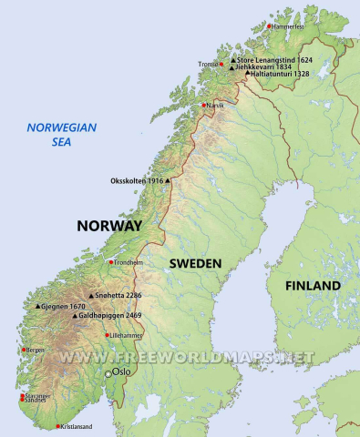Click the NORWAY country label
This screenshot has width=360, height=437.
pos(109,226)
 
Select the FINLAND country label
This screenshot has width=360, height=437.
pos(313,286)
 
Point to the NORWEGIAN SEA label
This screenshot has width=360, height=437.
pos(61,135)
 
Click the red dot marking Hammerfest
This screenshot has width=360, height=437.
pos(271,26)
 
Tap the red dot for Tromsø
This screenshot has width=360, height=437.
pos(221,64)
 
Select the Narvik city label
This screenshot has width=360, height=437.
pos(216,106)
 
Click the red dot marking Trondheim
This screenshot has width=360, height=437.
pos(111,262)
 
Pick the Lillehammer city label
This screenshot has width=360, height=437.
pos(129,335)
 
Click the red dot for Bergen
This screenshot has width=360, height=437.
pos(23,349)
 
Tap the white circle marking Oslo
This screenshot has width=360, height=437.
pos(108,373)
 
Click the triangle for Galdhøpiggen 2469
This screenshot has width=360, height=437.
pos(75,316)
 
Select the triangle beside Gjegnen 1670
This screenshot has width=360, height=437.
pos(37,307)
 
